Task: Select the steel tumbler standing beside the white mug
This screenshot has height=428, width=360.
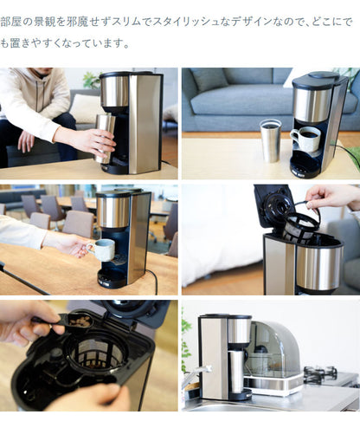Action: pyautogui.click(x=271, y=140)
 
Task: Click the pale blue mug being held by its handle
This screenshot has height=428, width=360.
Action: pyautogui.click(x=103, y=250)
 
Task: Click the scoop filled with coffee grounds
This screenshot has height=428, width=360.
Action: pyautogui.click(x=79, y=321)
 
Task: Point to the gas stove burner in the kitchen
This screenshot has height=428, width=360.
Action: pyautogui.click(x=320, y=374)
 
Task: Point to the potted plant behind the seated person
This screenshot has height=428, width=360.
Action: pyautogui.click(x=88, y=81)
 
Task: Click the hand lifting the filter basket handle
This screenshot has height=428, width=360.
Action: pyautogui.click(x=330, y=196)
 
